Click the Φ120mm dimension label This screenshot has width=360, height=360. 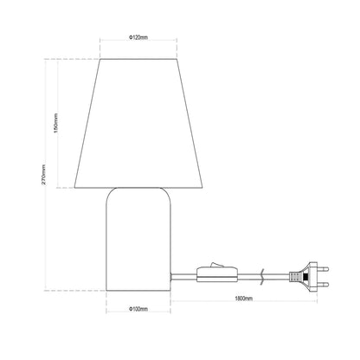click(x=138, y=37)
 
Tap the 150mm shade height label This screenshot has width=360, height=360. click(x=56, y=123)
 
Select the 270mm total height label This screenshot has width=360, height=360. click(x=43, y=174)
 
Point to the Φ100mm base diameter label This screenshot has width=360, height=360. click(x=138, y=309)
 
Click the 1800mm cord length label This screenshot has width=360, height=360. click(x=244, y=299)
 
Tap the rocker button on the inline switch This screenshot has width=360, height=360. click(x=215, y=265)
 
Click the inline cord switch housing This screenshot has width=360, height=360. click(x=217, y=275)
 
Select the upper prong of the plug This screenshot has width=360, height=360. click(x=323, y=269)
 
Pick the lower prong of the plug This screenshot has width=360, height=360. click(x=323, y=284)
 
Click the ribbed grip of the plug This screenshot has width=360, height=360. click(x=294, y=277)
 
